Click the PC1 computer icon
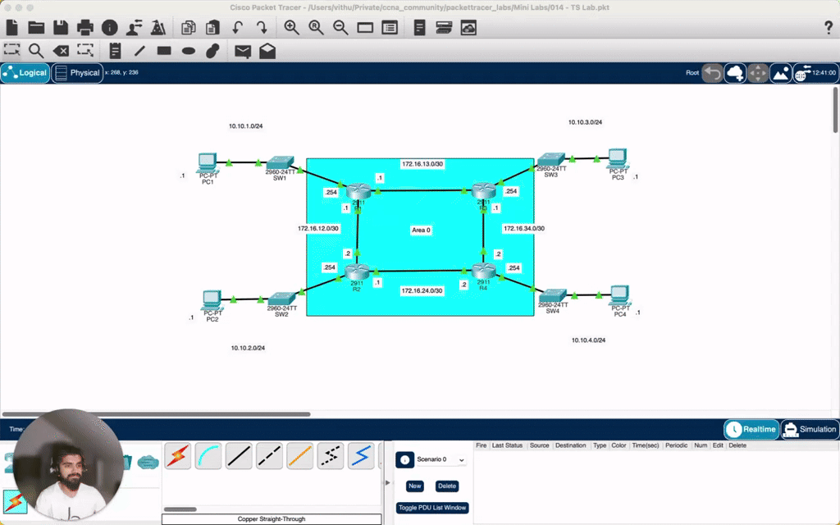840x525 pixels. [207, 162]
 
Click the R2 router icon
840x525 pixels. [357, 272]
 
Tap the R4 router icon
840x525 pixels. [483, 272]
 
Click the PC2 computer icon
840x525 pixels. [212, 300]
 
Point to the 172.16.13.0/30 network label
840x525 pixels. [422, 164]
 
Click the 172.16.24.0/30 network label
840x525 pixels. [422, 290]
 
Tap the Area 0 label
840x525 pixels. [421, 231]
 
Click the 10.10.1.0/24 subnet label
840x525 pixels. [246, 126]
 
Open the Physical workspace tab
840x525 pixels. [77, 73]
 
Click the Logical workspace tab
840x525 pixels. [25, 73]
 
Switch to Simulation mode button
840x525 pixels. [809, 429]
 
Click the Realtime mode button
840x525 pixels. [751, 429]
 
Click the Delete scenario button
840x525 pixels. [447, 486]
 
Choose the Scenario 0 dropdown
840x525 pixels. [441, 460]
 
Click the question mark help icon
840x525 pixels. [828, 28]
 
